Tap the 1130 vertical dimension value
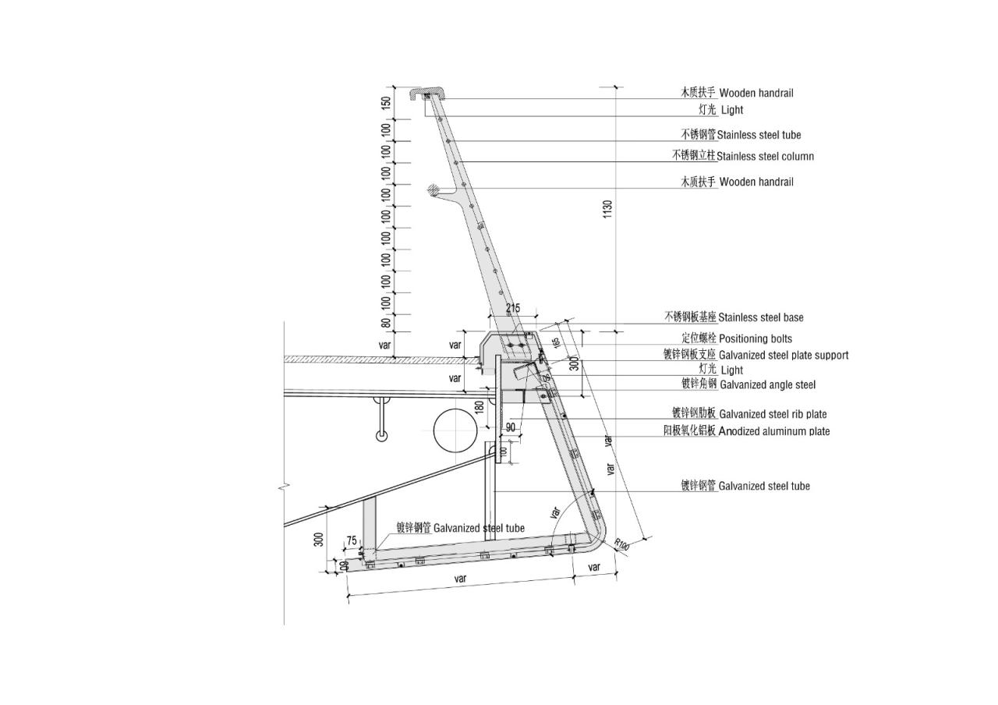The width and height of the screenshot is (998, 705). tap(608, 209)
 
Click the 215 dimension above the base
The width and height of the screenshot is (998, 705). tap(512, 308)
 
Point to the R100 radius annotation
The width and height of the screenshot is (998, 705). tap(621, 544)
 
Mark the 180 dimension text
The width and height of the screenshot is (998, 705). tap(480, 406)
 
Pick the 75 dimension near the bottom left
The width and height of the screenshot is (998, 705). tap(352, 541)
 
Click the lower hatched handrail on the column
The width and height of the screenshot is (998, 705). tap(434, 190)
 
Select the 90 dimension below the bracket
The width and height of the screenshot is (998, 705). tap(510, 427)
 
